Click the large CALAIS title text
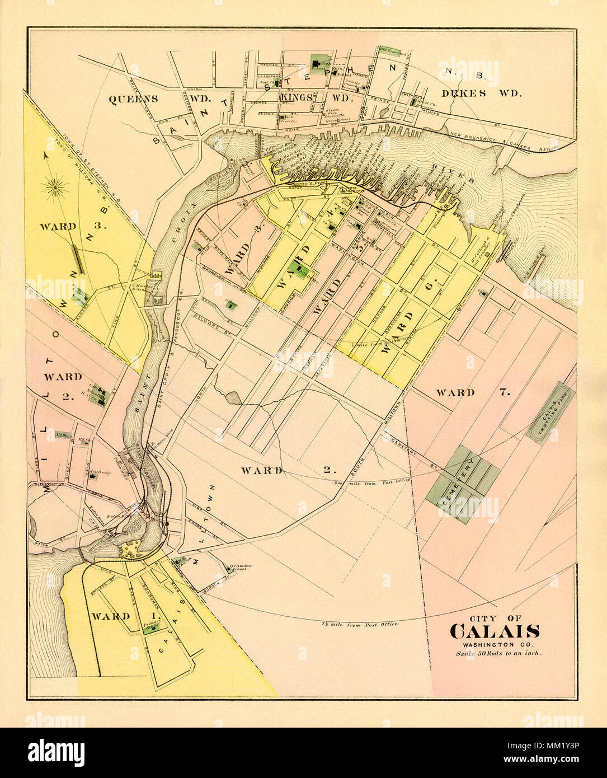(495, 631)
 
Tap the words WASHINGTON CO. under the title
(495, 644)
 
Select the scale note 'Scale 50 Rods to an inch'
(498, 653)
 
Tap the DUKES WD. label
(481, 93)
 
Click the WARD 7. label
(473, 392)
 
